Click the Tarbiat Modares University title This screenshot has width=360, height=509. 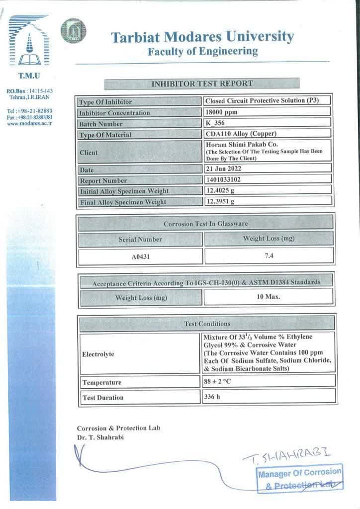pyautogui.click(x=202, y=37)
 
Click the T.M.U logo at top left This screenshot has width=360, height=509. pyautogui.click(x=28, y=42)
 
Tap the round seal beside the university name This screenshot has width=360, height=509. pyautogui.click(x=73, y=30)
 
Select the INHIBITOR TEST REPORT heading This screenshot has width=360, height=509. pyautogui.click(x=201, y=84)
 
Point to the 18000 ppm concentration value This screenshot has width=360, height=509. pyautogui.click(x=221, y=112)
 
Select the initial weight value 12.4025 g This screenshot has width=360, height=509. pyautogui.click(x=220, y=190)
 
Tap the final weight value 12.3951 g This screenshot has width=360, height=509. pyautogui.click(x=220, y=201)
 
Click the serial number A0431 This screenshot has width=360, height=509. pyautogui.click(x=141, y=256)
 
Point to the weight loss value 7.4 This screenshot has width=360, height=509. pyautogui.click(x=270, y=255)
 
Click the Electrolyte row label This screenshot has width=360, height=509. pyautogui.click(x=98, y=354)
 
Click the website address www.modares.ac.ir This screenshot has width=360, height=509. pyautogui.click(x=29, y=123)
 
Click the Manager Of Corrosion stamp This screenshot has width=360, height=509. pyautogui.click(x=300, y=477)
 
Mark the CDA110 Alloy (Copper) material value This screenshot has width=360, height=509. pyautogui.click(x=241, y=134)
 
